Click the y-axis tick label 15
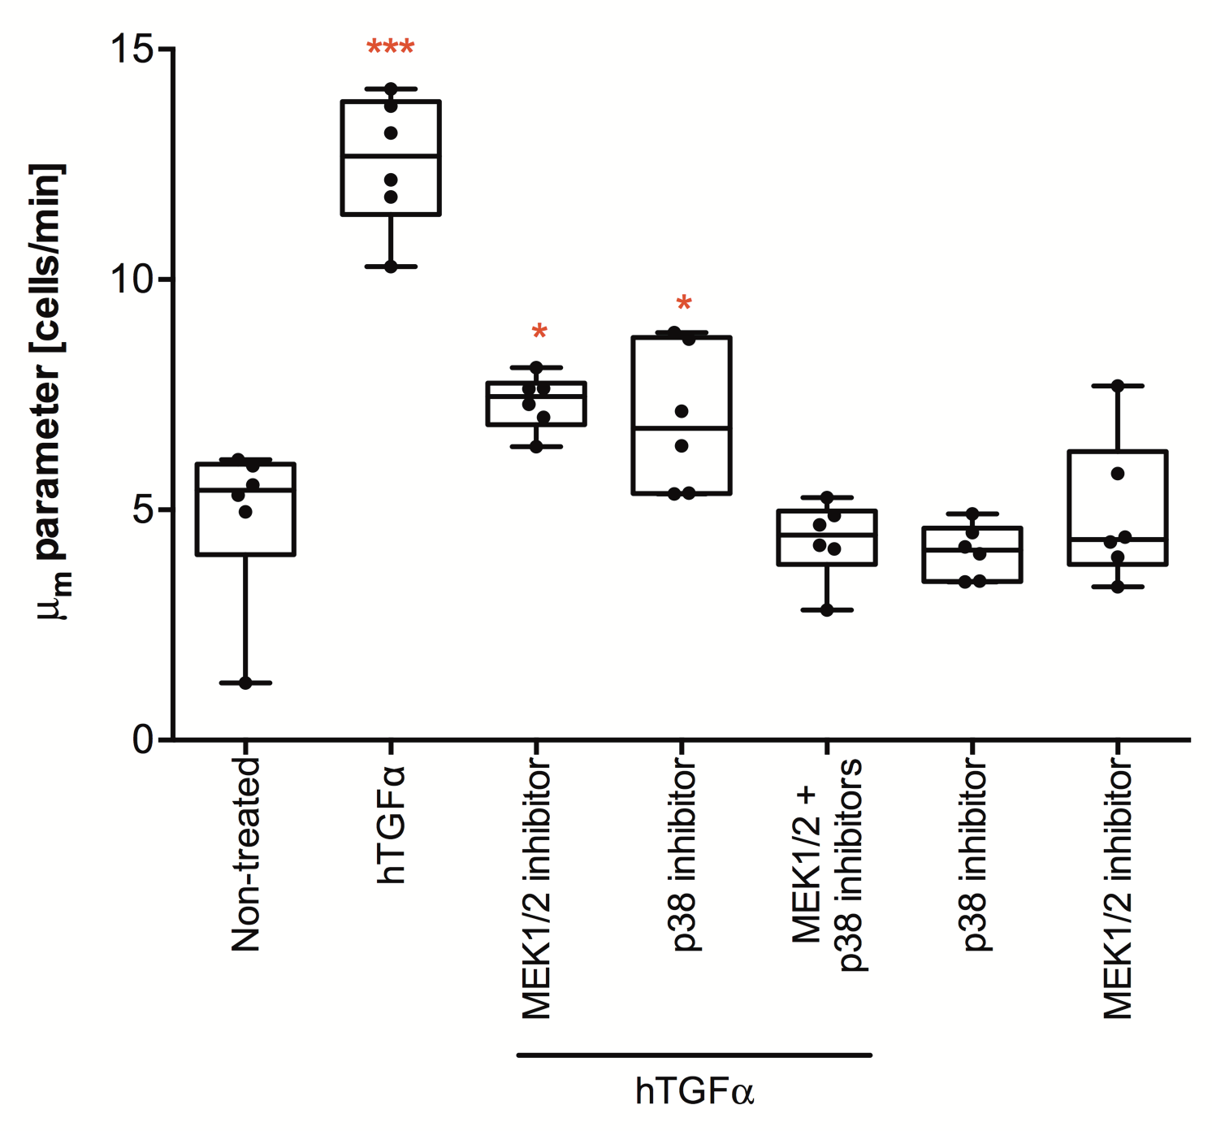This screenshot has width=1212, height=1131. (x=132, y=50)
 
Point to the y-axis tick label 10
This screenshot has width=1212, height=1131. (x=132, y=279)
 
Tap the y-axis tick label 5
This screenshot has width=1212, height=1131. (x=143, y=510)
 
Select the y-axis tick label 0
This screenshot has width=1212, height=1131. (x=143, y=739)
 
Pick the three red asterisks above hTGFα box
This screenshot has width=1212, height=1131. (x=391, y=48)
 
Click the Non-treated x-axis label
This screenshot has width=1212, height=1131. (x=245, y=854)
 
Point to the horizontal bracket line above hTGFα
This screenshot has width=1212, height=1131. (x=695, y=1055)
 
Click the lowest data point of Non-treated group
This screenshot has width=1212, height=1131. (x=245, y=683)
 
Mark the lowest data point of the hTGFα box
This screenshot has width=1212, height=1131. (x=391, y=266)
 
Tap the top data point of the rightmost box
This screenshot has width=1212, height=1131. (x=1118, y=386)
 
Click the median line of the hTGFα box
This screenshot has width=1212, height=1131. (x=391, y=155)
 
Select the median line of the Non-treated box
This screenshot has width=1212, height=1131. (x=245, y=490)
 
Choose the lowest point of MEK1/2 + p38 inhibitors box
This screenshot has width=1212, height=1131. (x=827, y=610)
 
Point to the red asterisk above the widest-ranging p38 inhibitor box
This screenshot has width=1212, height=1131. (x=684, y=305)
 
